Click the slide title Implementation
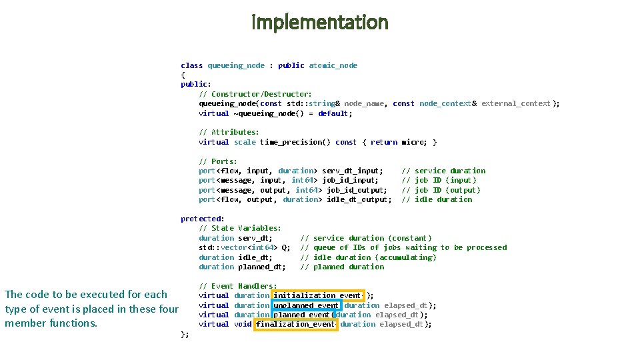point(320,22)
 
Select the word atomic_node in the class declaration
point(333,65)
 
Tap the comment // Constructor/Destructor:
point(255,94)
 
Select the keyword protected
point(201,219)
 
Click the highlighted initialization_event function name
point(317,295)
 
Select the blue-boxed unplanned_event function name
point(307,305)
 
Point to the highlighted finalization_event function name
point(296,324)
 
